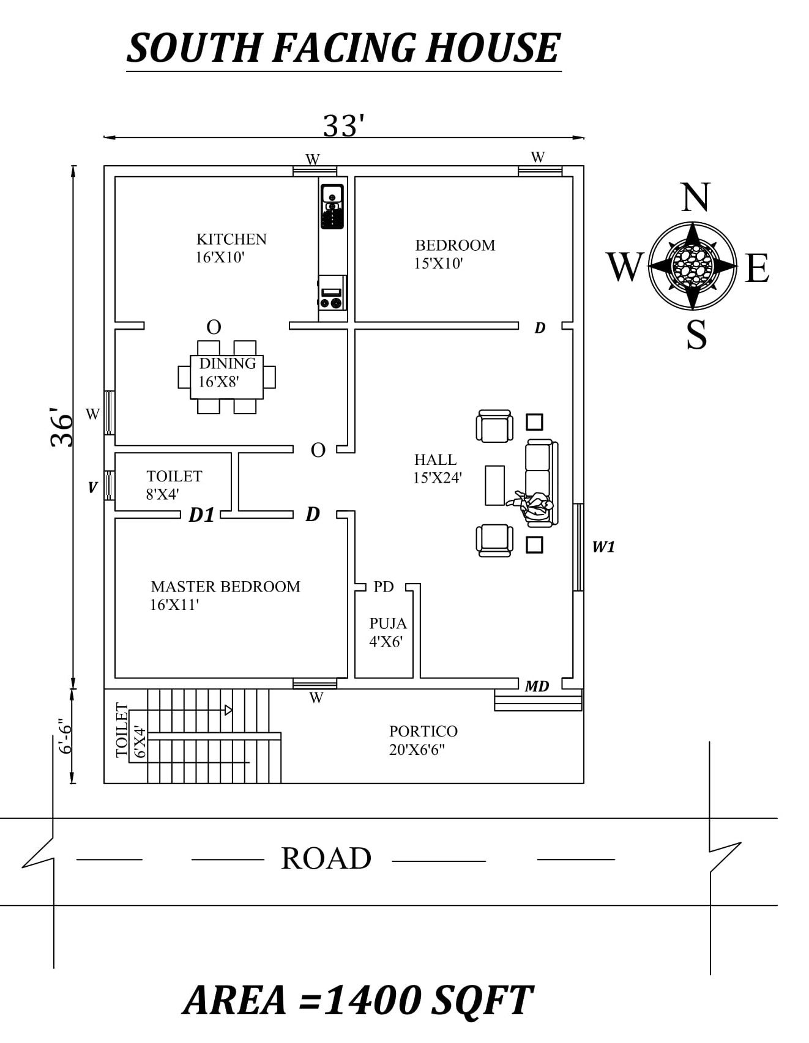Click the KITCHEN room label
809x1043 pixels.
pyautogui.click(x=231, y=239)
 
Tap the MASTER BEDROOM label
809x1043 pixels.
pyautogui.click(x=225, y=587)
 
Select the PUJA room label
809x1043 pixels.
pyautogui.click(x=387, y=623)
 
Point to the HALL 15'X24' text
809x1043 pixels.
pyautogui.click(x=436, y=469)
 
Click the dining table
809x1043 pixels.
pyautogui.click(x=226, y=376)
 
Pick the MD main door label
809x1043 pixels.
pyautogui.click(x=537, y=686)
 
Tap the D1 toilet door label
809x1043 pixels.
pyautogui.click(x=201, y=516)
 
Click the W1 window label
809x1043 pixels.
pyautogui.click(x=603, y=547)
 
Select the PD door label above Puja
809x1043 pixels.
pyautogui.click(x=384, y=587)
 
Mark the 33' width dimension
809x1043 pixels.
pyautogui.click(x=343, y=126)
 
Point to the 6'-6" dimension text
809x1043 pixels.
pyautogui.click(x=65, y=736)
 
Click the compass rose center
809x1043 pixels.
pyautogui.click(x=692, y=265)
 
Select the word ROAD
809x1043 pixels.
pyautogui.click(x=326, y=858)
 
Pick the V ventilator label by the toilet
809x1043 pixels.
pyautogui.click(x=92, y=488)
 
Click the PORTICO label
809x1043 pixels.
pyautogui.click(x=423, y=731)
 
